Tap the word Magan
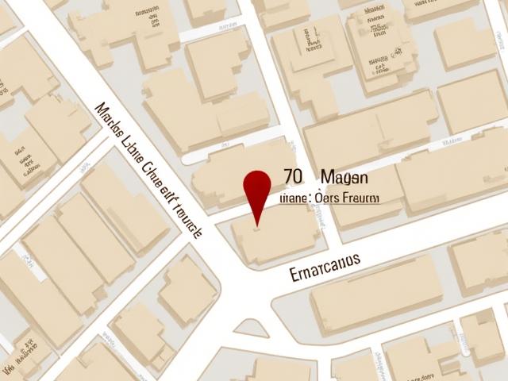coord(344,177)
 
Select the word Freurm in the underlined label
coord(360,198)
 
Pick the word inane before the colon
coord(294,198)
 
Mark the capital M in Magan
coord(328,177)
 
